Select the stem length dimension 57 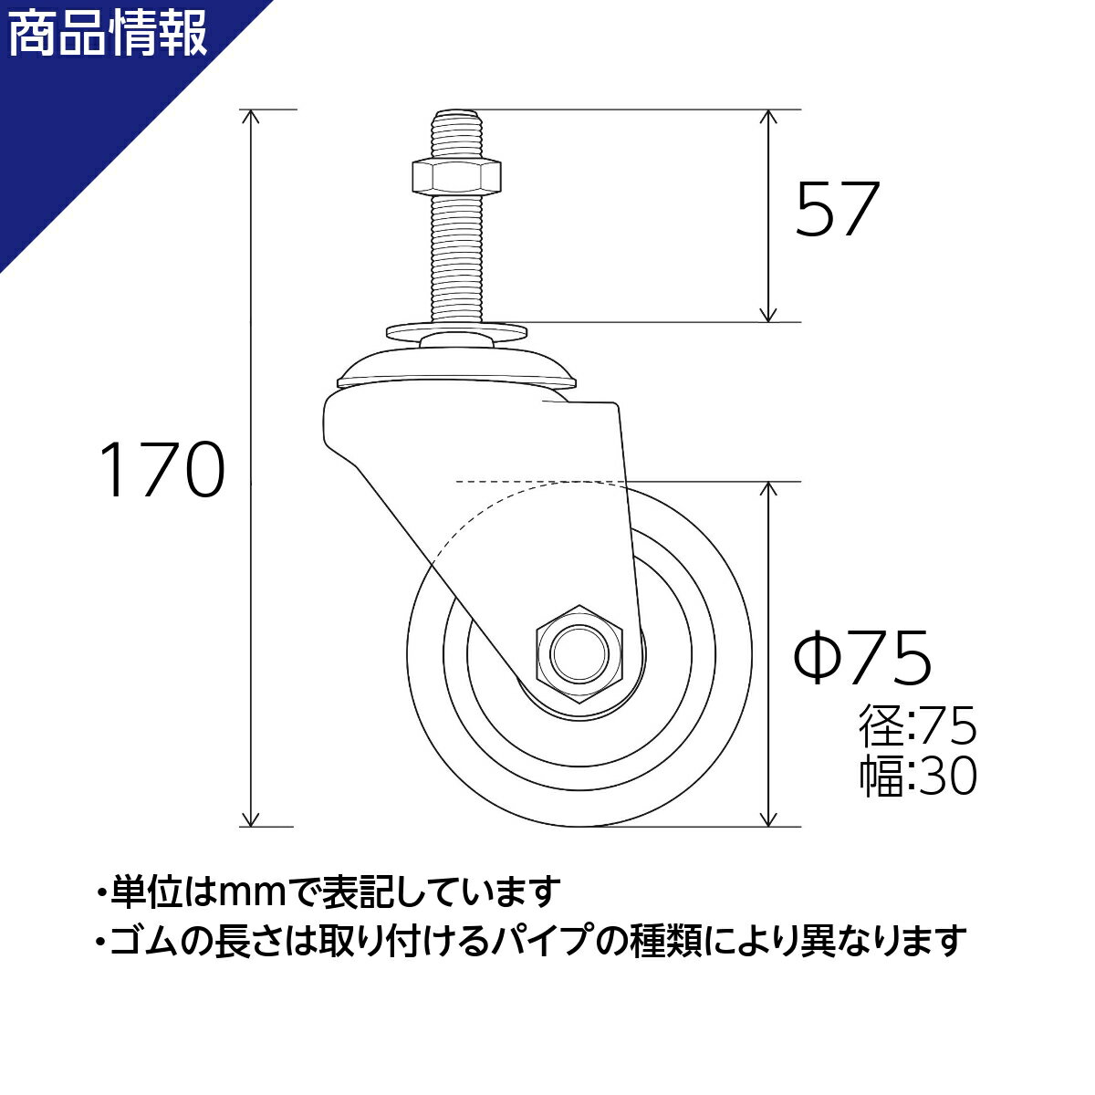(x=837, y=209)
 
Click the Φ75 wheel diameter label (x=862, y=656)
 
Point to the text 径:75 (x=917, y=725)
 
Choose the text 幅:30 (x=917, y=775)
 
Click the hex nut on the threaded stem (x=455, y=176)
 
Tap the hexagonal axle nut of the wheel (x=579, y=654)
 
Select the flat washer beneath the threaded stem (x=456, y=330)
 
